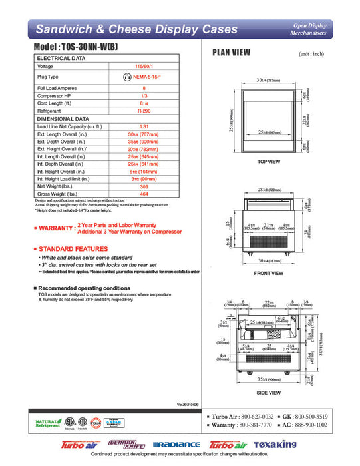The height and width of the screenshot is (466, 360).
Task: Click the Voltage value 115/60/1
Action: tap(144, 67)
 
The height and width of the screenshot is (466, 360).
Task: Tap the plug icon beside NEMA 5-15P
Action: tap(128, 77)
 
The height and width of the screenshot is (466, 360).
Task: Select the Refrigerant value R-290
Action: tap(144, 111)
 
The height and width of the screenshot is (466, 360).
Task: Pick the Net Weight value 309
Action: tap(144, 186)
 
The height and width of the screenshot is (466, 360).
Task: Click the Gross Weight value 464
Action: tap(144, 194)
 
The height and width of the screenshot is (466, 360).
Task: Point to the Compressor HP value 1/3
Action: tap(144, 96)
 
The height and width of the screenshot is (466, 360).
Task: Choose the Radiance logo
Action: tap(176, 445)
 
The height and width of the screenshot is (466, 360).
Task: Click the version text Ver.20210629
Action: tap(189, 404)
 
